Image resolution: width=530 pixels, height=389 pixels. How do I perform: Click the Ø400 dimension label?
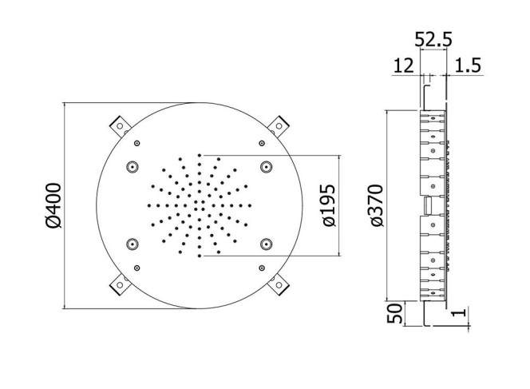[x=53, y=205]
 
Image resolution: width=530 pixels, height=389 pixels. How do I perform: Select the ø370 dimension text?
[x=376, y=205]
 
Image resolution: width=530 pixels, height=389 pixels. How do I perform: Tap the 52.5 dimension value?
[x=433, y=39]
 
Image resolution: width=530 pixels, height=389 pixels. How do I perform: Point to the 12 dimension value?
[x=404, y=65]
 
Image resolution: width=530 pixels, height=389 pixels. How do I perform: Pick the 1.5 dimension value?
[x=468, y=65]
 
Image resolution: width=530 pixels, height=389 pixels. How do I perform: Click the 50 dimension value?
[x=395, y=314]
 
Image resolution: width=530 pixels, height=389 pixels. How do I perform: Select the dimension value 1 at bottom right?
[x=461, y=312]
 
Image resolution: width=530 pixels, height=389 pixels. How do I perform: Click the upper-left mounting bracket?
[x=120, y=126]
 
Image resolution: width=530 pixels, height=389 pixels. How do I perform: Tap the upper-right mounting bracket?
[x=279, y=126]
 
